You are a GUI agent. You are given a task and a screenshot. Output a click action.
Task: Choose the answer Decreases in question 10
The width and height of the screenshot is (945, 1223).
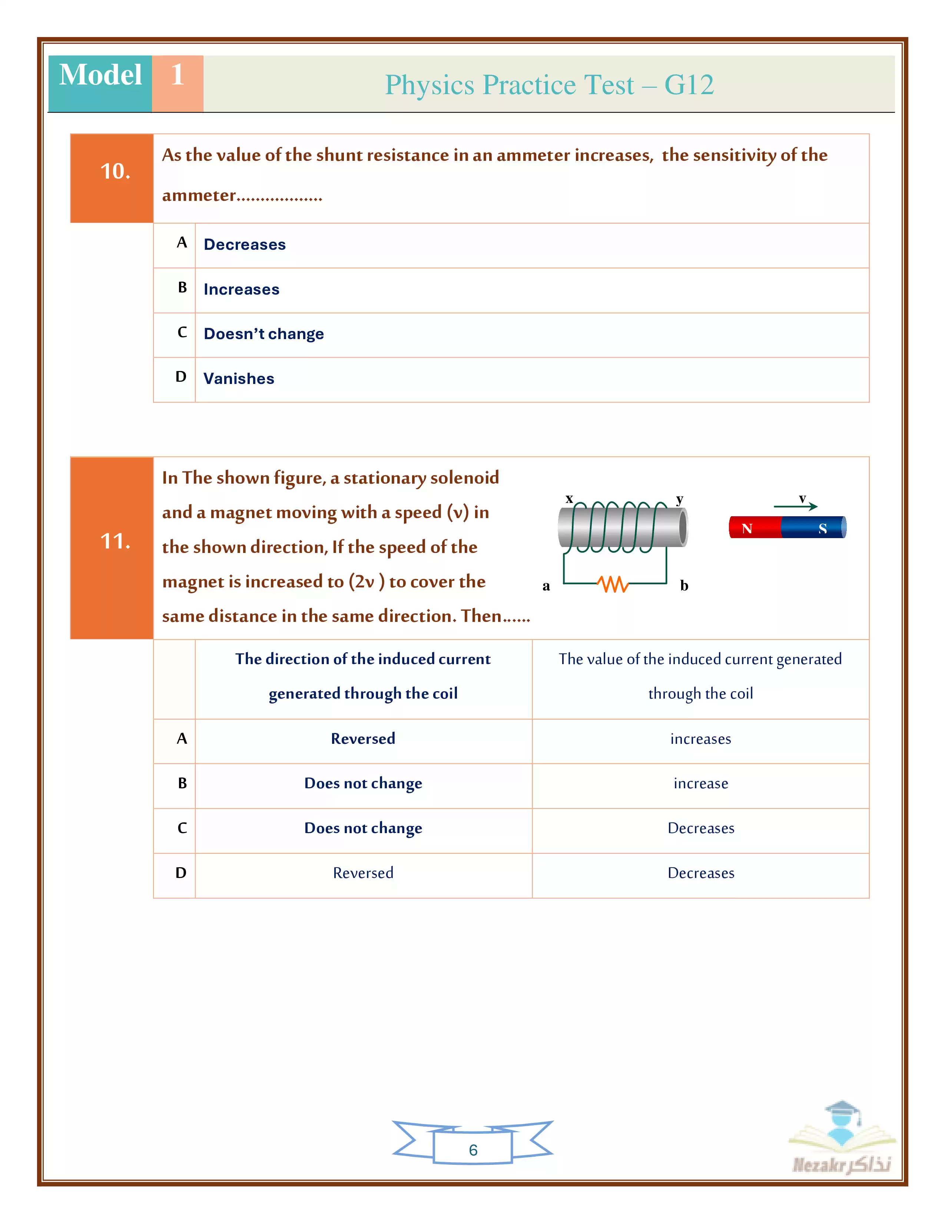pos(245,245)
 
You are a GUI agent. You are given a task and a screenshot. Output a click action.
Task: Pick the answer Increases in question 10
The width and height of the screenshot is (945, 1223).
pos(241,289)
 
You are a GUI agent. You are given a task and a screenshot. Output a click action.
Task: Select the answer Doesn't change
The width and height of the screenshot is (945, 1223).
pos(264,334)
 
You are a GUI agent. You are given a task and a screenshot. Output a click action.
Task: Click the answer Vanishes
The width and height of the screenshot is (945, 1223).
pos(239,378)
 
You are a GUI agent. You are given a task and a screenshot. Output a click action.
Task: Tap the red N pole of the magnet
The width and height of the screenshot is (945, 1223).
pos(753,527)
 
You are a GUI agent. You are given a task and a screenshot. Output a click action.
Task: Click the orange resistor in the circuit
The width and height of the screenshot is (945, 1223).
pos(613,584)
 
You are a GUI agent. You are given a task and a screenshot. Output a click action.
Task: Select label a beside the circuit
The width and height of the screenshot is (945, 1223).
pos(546,586)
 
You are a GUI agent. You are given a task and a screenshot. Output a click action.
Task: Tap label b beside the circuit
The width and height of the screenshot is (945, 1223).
pos(684,586)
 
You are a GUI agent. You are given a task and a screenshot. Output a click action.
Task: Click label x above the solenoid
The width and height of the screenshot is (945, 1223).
pos(569,498)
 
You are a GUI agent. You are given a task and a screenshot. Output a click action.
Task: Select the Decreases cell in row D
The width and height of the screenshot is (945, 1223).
pos(700,873)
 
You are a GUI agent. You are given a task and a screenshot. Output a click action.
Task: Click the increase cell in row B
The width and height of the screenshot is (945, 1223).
pos(700,783)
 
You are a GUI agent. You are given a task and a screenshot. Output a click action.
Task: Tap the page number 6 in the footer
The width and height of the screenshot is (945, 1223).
pos(473,1150)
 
